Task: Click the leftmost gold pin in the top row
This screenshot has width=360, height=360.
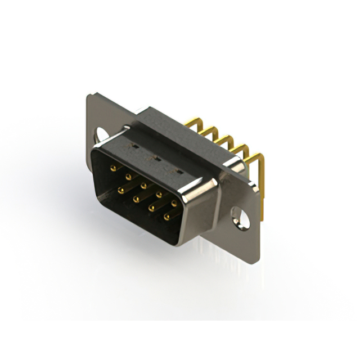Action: [113, 168]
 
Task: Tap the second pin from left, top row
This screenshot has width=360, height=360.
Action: [128, 177]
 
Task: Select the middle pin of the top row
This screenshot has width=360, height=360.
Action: [143, 185]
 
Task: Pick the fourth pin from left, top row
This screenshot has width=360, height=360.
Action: [159, 195]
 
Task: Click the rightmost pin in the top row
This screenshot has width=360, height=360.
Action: [174, 203]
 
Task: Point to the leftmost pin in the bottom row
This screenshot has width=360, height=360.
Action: [120, 190]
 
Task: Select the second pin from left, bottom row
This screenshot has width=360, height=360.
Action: [136, 199]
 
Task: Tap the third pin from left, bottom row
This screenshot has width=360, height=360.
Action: [151, 208]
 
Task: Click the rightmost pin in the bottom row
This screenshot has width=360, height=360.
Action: [166, 217]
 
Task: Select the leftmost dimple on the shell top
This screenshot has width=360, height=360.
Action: [134, 148]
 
